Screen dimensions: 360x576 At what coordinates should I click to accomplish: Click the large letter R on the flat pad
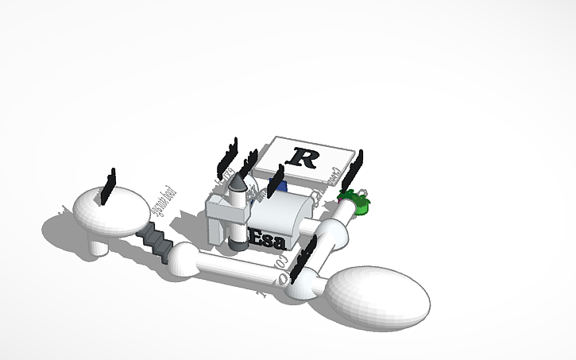point(303,157)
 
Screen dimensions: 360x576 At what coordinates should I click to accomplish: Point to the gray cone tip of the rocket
point(236,184)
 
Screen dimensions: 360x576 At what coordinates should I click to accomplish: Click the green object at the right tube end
point(356,203)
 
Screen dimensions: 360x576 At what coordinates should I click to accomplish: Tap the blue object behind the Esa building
point(280,188)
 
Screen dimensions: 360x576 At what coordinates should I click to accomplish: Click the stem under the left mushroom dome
point(99,247)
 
